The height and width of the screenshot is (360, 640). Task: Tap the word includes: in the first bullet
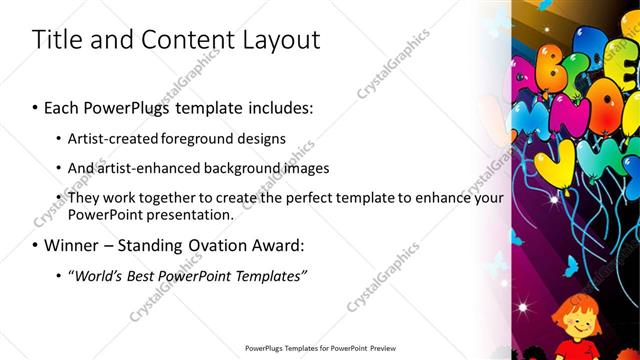(279, 105)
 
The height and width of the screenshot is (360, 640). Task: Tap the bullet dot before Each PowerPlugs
(36, 106)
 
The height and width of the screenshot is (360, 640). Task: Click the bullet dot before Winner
(36, 246)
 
